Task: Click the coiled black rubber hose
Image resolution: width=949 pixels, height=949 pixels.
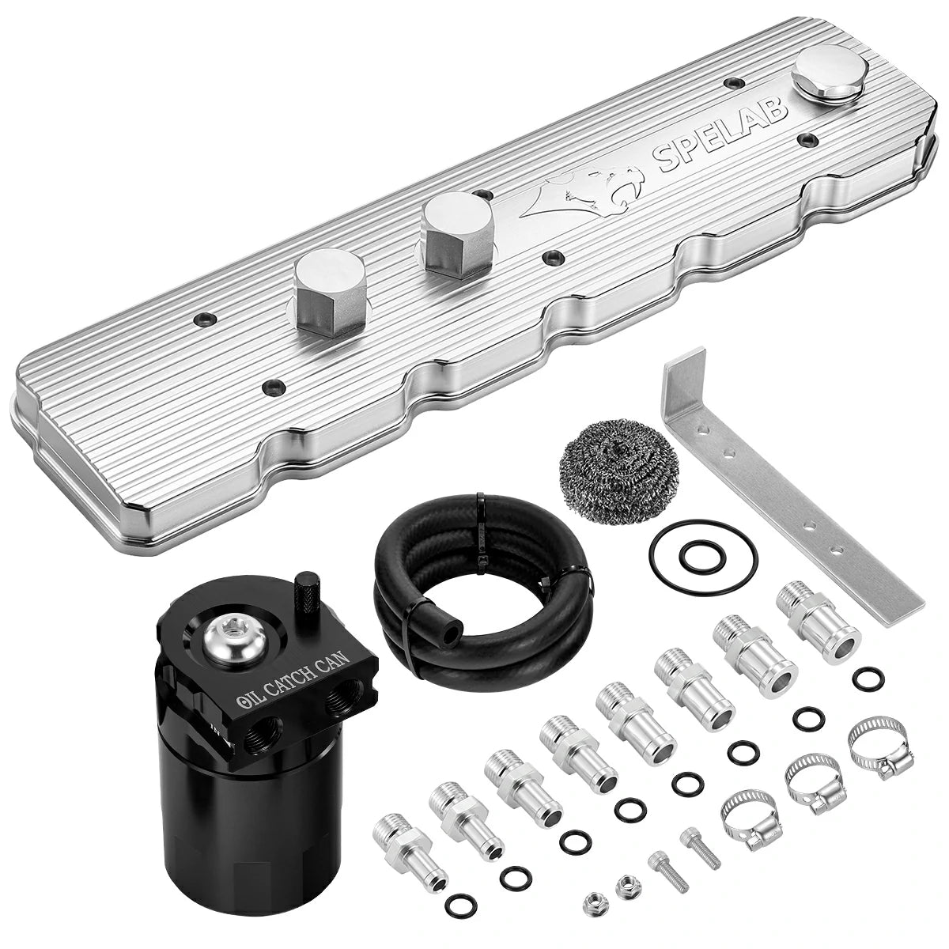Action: pyautogui.click(x=482, y=577)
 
